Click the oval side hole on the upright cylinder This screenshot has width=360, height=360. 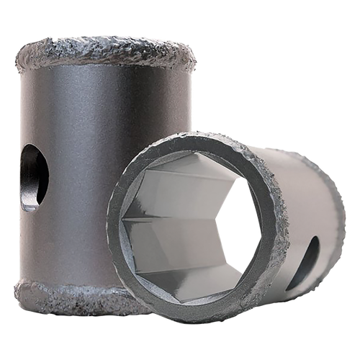pyautogui.click(x=33, y=177)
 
